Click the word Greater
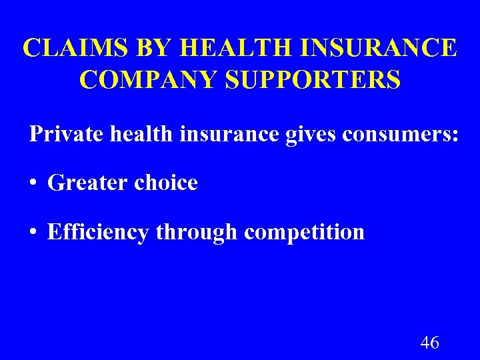88,183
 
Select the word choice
167,183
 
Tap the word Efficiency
99,232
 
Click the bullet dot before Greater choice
33,183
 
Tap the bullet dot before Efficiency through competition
33,233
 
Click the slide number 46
429,343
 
